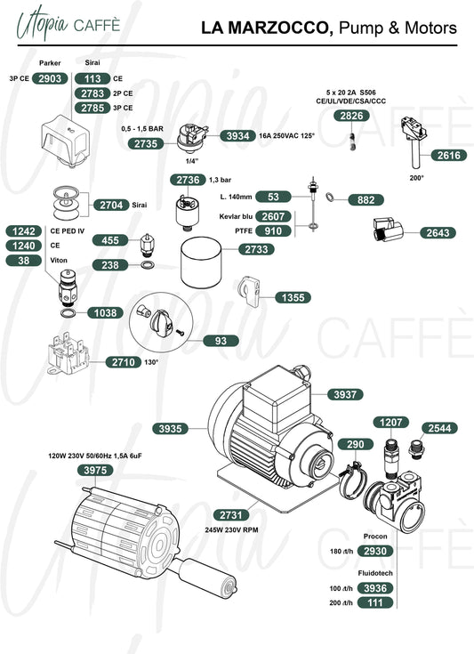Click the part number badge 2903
[x=50, y=78]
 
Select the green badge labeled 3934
[x=237, y=135]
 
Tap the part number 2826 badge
[x=351, y=116]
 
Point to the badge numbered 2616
[x=448, y=155]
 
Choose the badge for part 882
[x=366, y=200]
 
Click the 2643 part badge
[x=438, y=233]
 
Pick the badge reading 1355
[x=293, y=297]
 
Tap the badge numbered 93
[x=221, y=341]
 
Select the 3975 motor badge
[x=95, y=470]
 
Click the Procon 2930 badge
[x=375, y=551]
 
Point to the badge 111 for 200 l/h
[x=375, y=602]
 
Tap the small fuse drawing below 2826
[x=353, y=141]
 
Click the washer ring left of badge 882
[x=330, y=196]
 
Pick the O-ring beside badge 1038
[x=68, y=313]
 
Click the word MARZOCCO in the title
[x=280, y=28]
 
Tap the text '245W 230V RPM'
[x=231, y=529]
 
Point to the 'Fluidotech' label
[x=375, y=573]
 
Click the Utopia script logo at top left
[x=42, y=24]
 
